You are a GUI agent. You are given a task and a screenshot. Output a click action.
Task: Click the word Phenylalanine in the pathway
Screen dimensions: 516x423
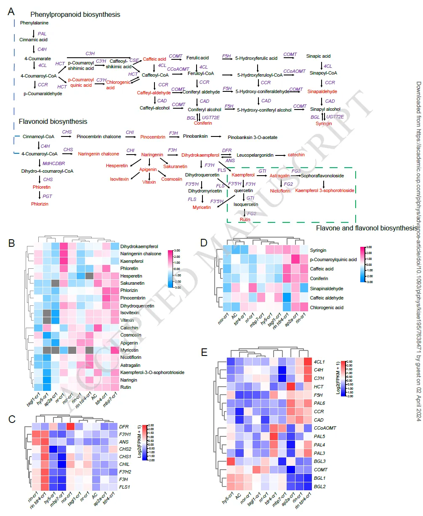pos(34,23)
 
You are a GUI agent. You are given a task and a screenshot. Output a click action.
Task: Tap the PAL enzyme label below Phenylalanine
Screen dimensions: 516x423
pos(42,33)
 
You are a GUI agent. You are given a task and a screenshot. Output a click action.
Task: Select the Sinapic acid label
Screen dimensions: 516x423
pos(318,56)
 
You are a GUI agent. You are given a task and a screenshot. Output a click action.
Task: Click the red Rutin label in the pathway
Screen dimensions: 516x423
pos(245,219)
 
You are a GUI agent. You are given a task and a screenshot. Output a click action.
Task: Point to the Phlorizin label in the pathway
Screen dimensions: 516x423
pos(40,204)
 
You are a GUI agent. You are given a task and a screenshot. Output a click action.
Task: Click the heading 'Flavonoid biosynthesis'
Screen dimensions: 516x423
pos(53,121)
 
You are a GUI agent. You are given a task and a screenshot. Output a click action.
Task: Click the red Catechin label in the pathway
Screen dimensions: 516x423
pos(296,155)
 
